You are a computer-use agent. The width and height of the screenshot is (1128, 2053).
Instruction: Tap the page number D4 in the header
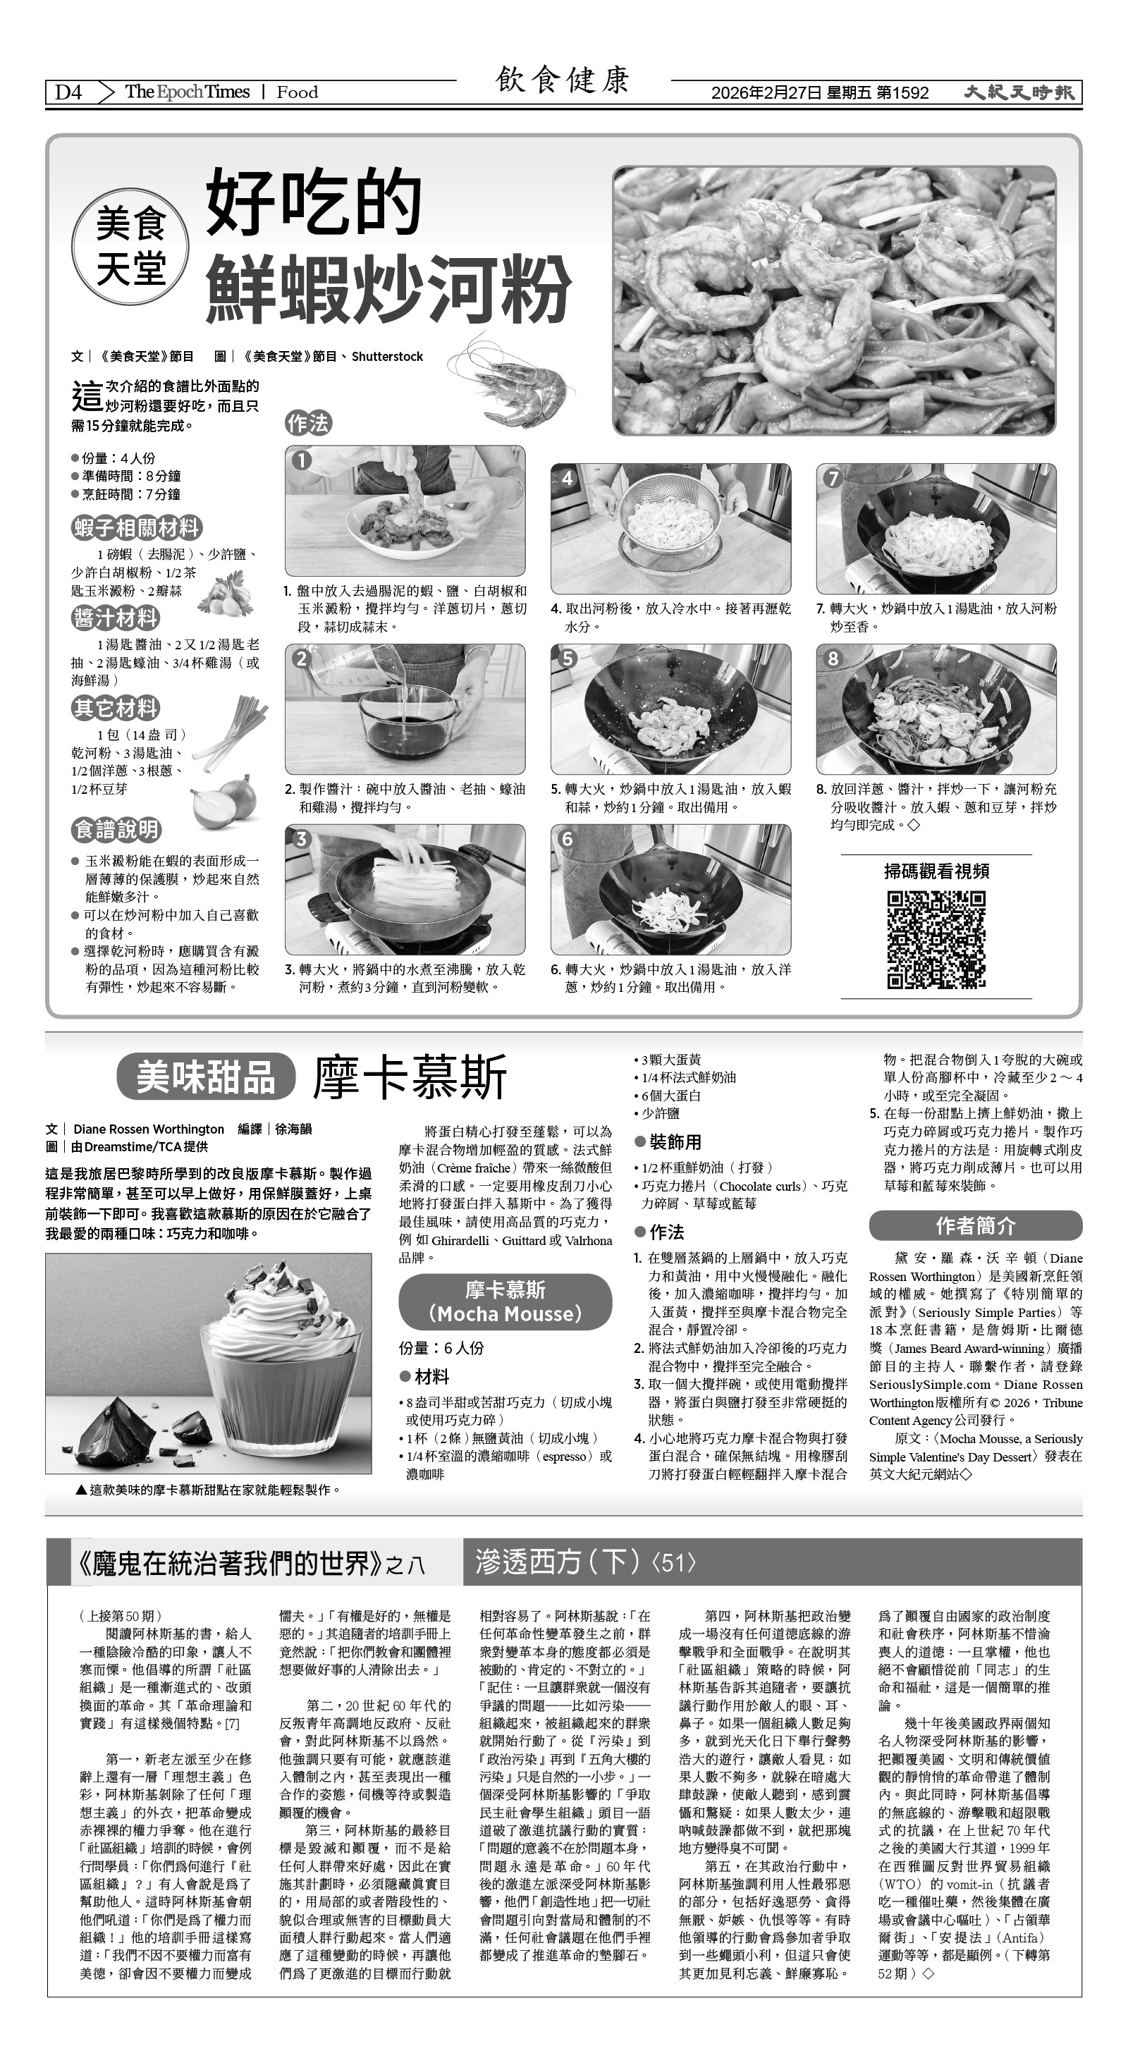[68, 92]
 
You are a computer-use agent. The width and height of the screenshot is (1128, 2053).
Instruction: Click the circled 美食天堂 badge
[130, 247]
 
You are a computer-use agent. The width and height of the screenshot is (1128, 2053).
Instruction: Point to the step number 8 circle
[833, 658]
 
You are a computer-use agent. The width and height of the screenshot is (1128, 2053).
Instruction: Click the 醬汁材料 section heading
[116, 618]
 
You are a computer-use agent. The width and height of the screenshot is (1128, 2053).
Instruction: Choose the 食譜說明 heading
[116, 830]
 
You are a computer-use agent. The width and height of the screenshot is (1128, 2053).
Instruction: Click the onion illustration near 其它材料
[225, 802]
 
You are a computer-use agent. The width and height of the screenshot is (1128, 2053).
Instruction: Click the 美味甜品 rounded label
[206, 1077]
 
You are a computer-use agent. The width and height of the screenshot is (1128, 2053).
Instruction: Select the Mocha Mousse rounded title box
[505, 1301]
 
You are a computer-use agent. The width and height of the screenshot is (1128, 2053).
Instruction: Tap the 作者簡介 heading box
[975, 1225]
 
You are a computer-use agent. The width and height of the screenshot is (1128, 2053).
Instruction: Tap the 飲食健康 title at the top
[563, 80]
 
